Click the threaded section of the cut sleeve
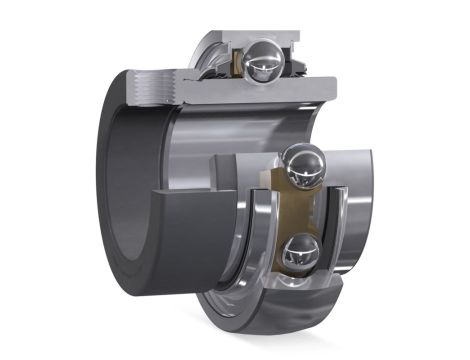pyautogui.click(x=150, y=87)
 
